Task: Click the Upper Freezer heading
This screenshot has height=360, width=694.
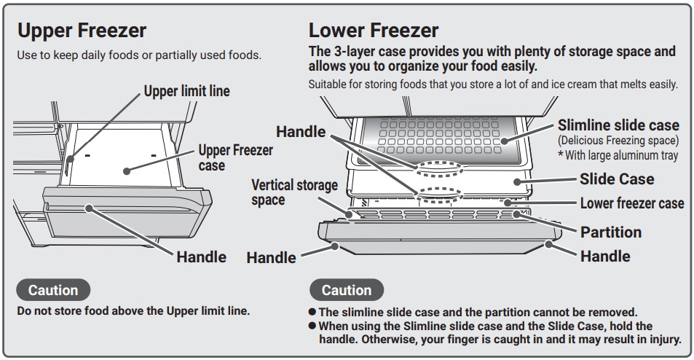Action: point(82,31)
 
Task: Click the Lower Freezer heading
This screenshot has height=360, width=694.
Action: point(374,31)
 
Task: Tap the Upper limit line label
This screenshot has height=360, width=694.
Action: point(186,91)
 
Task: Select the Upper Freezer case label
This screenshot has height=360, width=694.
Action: point(236,157)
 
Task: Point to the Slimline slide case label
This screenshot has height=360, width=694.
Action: point(618,125)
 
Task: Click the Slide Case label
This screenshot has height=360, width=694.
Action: point(616,179)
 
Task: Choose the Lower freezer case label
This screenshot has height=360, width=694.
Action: point(631,203)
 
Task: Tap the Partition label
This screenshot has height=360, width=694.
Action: point(610,232)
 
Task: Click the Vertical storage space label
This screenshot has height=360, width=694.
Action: point(294,192)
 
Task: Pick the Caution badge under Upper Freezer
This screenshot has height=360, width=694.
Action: point(52,290)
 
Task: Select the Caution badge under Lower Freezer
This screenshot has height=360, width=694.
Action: point(346,290)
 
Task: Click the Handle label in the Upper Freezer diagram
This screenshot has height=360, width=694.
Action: point(201,257)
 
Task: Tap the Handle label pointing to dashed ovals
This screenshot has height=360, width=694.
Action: point(301,131)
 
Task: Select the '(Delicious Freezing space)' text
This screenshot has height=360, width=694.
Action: point(618,140)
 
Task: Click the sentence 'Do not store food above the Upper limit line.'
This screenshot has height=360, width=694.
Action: point(133,310)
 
